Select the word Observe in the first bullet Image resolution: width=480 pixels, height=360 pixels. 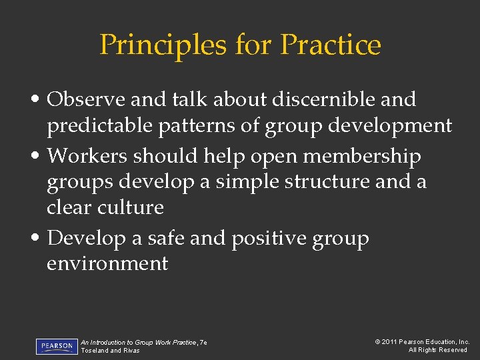[88, 100]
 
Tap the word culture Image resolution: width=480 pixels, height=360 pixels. [131, 207]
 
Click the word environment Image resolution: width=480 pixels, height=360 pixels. [107, 264]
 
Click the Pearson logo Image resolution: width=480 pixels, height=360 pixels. [57, 346]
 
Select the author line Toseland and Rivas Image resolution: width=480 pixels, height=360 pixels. [110, 351]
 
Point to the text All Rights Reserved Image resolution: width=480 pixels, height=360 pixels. [438, 351]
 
